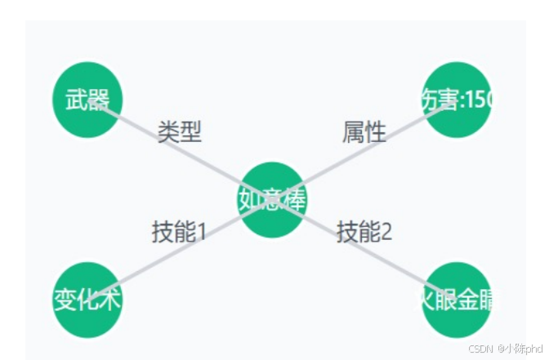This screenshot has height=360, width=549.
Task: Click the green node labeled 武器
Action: click(87, 100)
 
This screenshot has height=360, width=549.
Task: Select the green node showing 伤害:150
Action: click(457, 100)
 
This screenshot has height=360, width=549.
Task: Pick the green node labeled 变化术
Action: click(87, 300)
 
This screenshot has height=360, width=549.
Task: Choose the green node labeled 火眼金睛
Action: click(457, 300)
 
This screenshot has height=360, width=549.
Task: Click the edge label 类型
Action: click(180, 131)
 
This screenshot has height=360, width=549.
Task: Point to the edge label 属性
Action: click(364, 131)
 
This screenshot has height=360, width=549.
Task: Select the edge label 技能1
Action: click(179, 232)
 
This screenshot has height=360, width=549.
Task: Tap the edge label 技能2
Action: click(365, 232)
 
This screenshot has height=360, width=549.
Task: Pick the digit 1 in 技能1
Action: click(201, 232)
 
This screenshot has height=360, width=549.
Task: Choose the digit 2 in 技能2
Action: click(386, 232)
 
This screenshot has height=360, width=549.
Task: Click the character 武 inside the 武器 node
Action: click(76, 100)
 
